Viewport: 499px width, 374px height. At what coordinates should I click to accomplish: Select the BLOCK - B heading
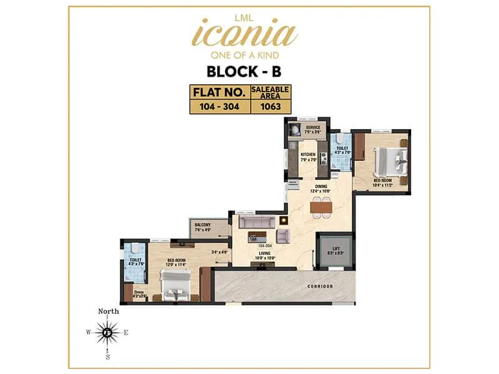(249, 70)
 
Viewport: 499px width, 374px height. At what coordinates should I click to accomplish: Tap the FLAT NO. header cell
(219, 92)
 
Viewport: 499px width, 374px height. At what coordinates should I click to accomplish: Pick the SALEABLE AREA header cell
(270, 92)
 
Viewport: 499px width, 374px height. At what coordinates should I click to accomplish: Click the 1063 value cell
(270, 106)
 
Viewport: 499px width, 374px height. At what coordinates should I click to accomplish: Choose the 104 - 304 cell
(219, 106)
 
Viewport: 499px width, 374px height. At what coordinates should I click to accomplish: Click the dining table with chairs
(321, 206)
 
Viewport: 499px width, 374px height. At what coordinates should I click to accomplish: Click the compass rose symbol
(108, 333)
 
